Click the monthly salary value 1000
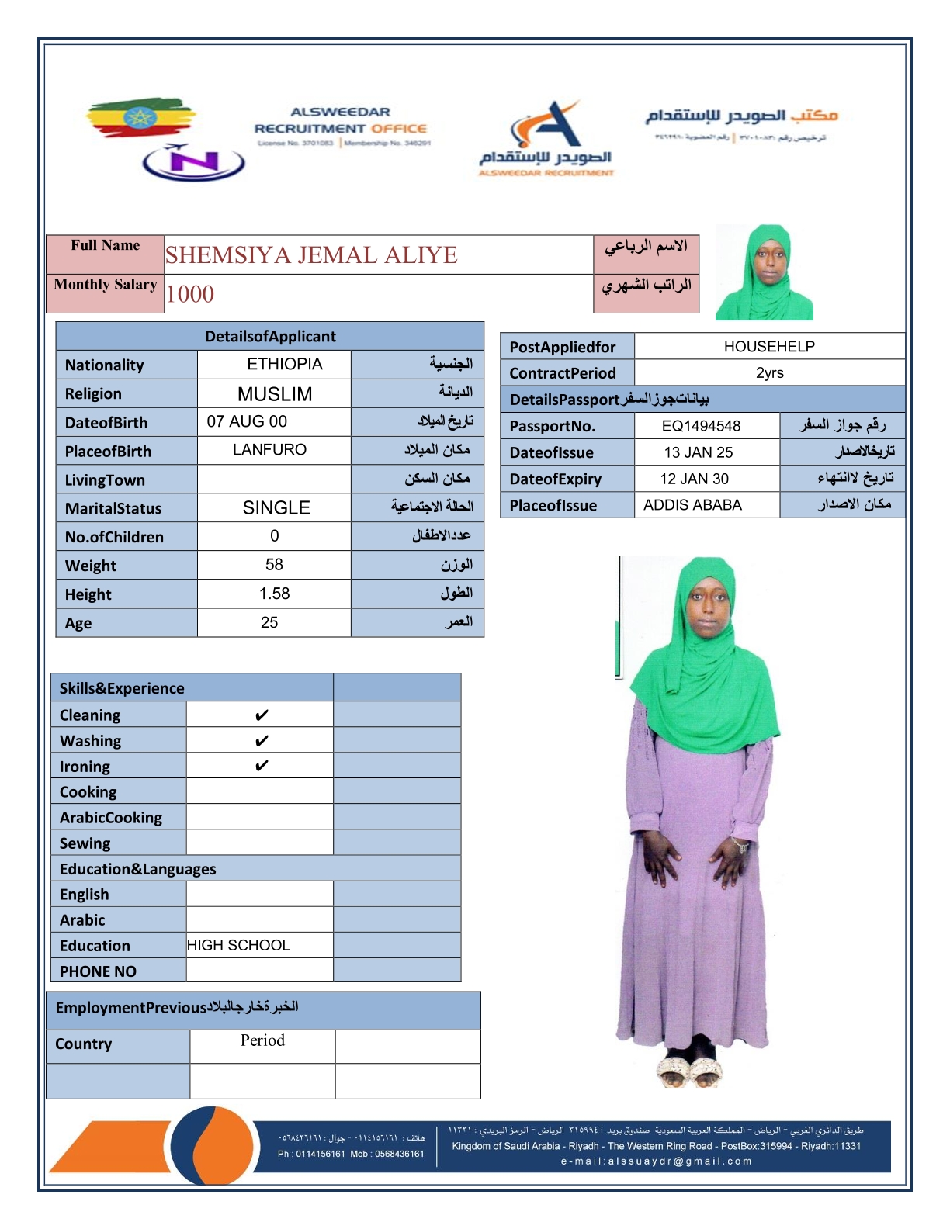coord(190,294)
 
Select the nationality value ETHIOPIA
coord(284,364)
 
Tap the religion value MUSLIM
coord(275,394)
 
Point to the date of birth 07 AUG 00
coord(247,421)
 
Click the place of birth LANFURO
coord(269,450)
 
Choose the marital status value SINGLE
coord(276,508)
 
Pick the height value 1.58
coord(274,594)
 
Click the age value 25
coord(269,622)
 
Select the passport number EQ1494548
coord(701,426)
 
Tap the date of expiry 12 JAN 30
coord(694,479)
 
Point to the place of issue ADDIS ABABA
coord(692,505)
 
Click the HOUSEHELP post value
coord(769,347)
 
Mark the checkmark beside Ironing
coord(262,766)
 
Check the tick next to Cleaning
coord(262,715)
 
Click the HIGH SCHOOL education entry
coord(238,945)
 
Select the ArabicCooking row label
coord(111,818)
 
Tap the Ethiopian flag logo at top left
coord(140,117)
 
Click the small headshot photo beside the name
coord(764,272)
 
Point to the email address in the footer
coord(656,1161)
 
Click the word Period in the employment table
coord(262,1040)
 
